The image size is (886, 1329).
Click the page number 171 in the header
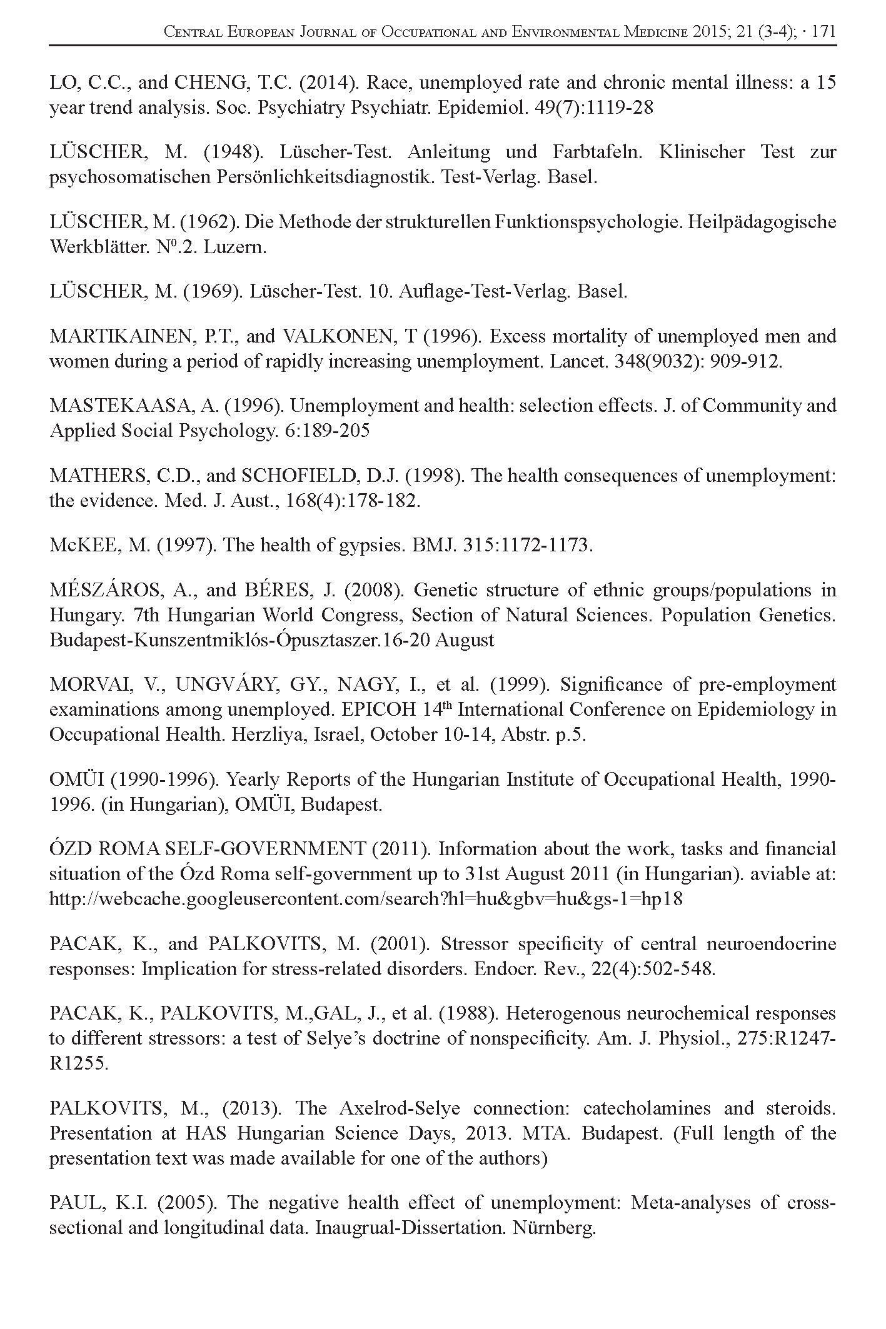click(x=823, y=33)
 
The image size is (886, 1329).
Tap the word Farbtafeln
click(x=597, y=153)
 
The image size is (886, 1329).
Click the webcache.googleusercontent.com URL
click(x=366, y=900)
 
